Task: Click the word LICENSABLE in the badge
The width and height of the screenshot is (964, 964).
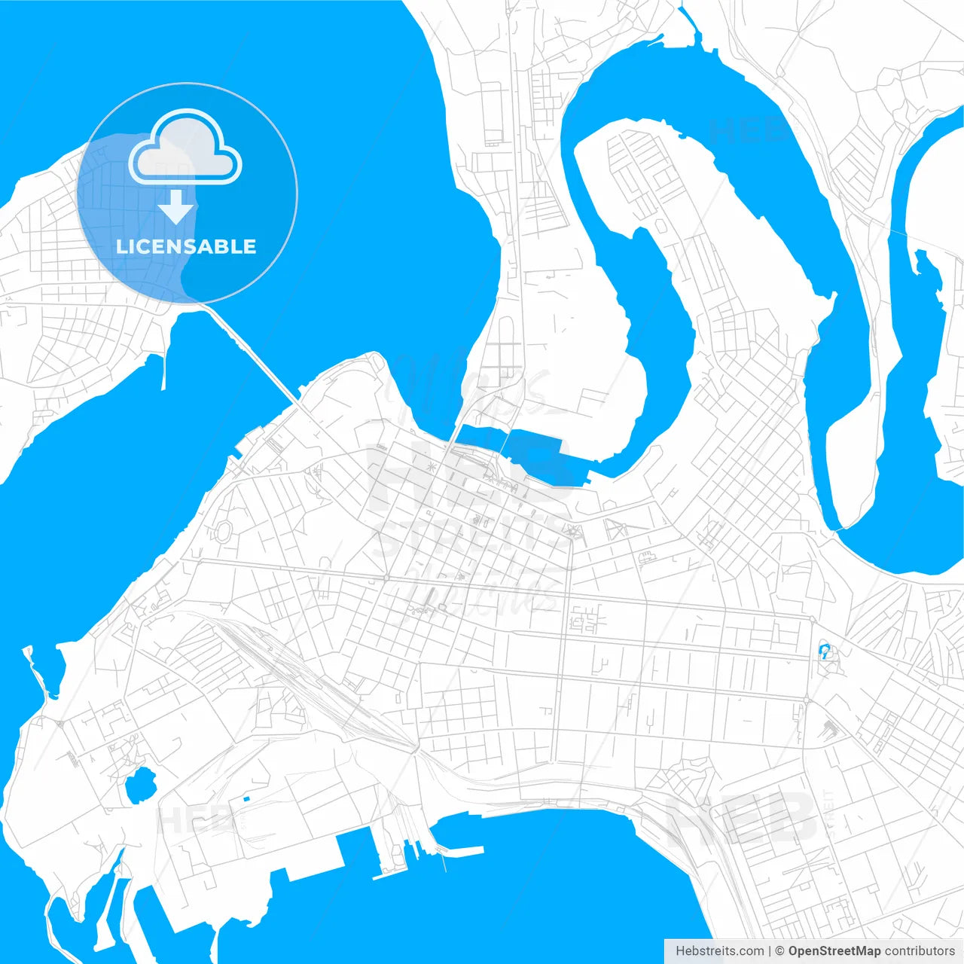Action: pyautogui.click(x=186, y=247)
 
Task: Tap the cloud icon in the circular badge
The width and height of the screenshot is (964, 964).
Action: pyautogui.click(x=185, y=148)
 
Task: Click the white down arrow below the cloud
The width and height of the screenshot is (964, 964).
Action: pyautogui.click(x=176, y=206)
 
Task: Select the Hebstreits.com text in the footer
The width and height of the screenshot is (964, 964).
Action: pyautogui.click(x=719, y=951)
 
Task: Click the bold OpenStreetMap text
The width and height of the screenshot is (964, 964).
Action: pyautogui.click(x=834, y=951)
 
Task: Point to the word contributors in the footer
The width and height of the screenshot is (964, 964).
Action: pyautogui.click(x=920, y=951)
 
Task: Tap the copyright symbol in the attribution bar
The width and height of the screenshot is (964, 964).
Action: pyautogui.click(x=780, y=951)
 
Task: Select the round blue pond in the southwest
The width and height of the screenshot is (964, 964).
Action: pyautogui.click(x=140, y=785)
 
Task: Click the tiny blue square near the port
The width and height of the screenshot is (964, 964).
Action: pyautogui.click(x=246, y=798)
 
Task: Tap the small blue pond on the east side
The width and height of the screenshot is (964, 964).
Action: pyautogui.click(x=824, y=651)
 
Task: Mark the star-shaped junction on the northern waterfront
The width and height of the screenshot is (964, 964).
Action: pyautogui.click(x=431, y=468)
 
